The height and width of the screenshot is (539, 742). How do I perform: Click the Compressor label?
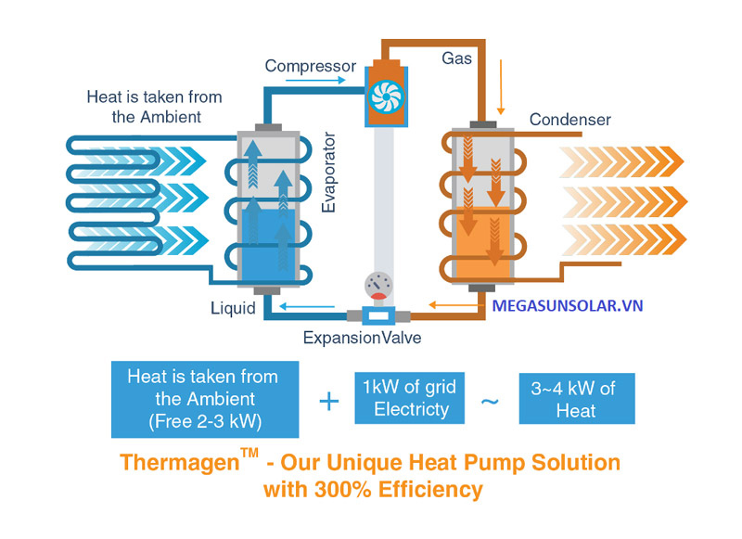point(310,66)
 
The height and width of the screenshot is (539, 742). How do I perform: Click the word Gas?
point(456,58)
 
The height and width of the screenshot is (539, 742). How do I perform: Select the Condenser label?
point(569,120)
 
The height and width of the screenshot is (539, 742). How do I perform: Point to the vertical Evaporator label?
point(328,173)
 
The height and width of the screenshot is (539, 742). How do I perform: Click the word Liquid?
point(232,309)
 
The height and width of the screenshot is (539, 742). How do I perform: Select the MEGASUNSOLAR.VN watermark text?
point(568,304)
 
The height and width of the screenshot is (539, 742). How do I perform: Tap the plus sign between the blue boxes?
point(328,402)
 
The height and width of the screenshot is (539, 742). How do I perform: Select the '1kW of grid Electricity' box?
point(411,398)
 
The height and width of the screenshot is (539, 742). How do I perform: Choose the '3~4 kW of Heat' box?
point(576,399)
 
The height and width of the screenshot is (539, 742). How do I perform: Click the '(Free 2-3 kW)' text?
point(206,420)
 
